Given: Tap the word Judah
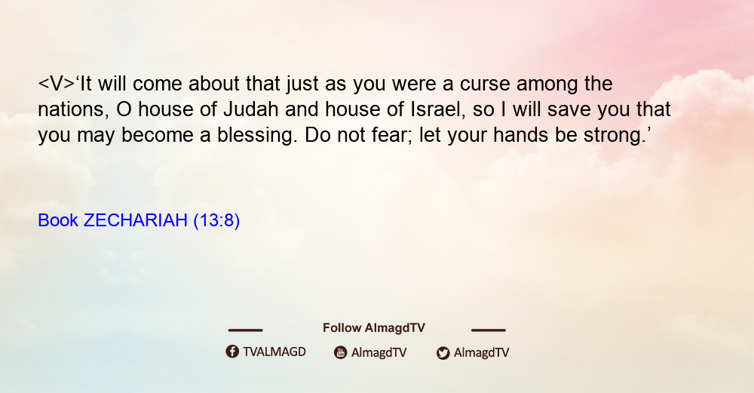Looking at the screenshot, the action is [251, 109].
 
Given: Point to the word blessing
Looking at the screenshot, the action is [255, 136].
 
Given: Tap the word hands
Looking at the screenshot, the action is [521, 135].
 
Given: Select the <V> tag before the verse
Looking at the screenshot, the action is [57, 84].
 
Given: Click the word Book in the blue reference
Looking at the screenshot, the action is [58, 220].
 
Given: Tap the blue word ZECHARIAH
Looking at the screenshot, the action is [136, 220].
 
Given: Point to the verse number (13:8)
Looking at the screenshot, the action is [216, 221].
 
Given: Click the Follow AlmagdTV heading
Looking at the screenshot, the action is [374, 328].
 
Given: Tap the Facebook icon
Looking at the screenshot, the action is [232, 352].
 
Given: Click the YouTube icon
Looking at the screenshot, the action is [341, 352].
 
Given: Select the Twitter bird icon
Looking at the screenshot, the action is [443, 353].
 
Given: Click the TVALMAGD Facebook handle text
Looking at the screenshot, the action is [274, 352].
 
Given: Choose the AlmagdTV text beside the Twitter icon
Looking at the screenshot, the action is [481, 352].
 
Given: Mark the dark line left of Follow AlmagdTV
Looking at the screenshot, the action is [245, 330].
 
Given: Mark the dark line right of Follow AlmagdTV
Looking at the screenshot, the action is [489, 330].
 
